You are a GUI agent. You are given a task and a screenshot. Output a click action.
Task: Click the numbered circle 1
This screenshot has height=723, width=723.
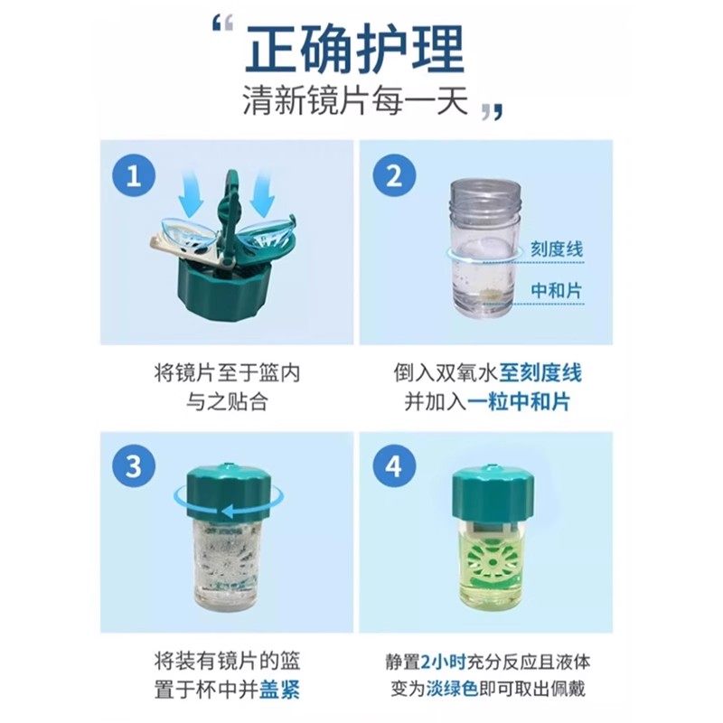(135, 175)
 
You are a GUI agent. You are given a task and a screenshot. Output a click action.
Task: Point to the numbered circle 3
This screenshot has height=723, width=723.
(135, 468)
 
